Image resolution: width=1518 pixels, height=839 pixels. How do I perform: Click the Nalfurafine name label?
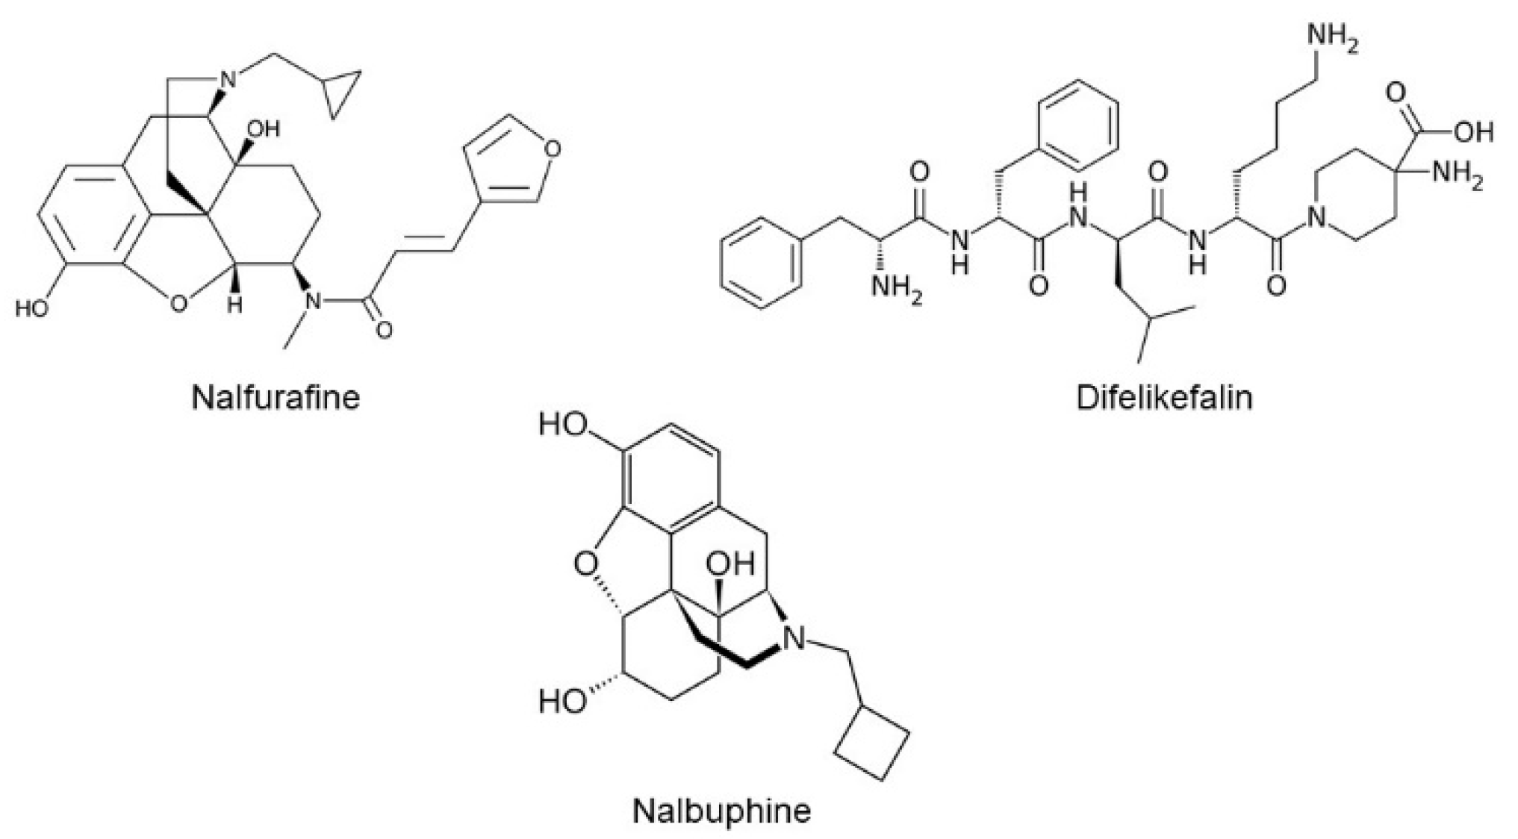276,397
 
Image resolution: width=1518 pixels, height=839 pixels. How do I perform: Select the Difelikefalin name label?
1164,397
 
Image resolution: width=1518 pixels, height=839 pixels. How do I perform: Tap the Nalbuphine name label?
722,810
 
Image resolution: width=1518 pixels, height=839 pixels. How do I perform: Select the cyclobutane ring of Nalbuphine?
872,742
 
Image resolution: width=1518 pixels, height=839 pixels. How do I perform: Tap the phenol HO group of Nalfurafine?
31,308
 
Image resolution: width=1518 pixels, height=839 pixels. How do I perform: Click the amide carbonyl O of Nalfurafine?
384,329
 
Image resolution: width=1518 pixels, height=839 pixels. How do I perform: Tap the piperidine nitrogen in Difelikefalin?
1316,218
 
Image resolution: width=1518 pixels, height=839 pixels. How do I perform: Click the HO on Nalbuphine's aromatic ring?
563,425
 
